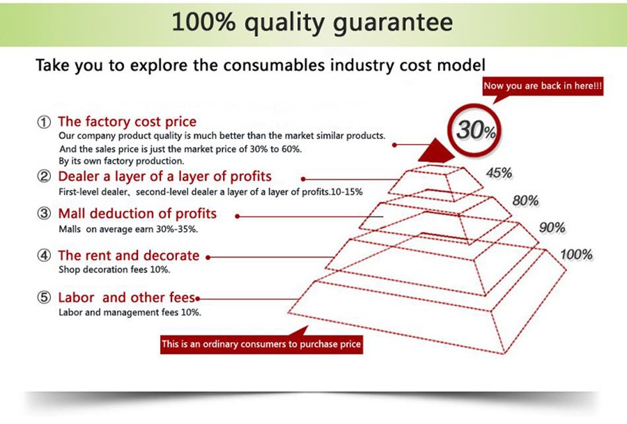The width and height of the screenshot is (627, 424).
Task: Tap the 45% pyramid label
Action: [499, 173]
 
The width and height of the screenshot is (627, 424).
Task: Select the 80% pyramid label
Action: [525, 201]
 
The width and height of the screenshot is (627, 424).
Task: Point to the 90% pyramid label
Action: [552, 228]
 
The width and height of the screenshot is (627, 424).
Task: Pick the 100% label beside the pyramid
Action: [576, 255]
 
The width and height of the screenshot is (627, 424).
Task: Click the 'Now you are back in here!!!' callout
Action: [543, 86]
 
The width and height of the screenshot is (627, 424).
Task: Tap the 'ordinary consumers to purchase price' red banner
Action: [261, 344]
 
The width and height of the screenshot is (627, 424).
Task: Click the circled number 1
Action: [44, 122]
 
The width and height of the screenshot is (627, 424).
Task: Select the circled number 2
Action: [44, 176]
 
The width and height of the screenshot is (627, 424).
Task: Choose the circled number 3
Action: [44, 214]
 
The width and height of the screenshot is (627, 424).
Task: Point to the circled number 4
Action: [44, 256]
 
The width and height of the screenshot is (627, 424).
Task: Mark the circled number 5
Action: [44, 297]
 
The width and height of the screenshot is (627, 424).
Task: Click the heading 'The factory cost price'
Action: [127, 121]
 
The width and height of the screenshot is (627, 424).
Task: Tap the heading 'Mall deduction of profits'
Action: [137, 214]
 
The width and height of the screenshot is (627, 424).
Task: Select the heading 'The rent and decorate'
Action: [129, 256]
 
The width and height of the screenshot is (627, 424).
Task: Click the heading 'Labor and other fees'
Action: [126, 297]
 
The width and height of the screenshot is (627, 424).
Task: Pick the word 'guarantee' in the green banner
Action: [393, 23]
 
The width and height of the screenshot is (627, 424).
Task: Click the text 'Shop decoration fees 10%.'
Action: [114, 269]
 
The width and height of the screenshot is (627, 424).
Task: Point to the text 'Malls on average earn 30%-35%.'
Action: [128, 229]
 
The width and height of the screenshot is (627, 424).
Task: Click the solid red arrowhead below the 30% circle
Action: [436, 151]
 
